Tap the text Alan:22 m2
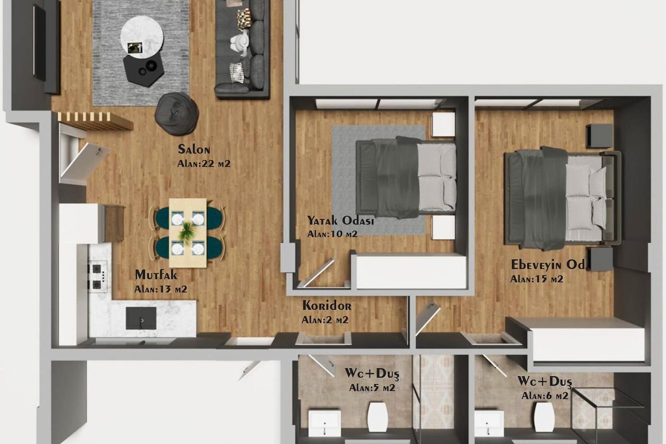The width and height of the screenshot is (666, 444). pyautogui.click(x=204, y=164)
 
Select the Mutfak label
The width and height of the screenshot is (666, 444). pyautogui.click(x=156, y=275)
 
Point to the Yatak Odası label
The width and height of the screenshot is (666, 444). pyautogui.click(x=340, y=221)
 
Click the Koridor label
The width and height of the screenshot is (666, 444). pyautogui.click(x=327, y=306)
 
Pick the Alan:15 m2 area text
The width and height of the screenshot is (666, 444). pyautogui.click(x=536, y=279)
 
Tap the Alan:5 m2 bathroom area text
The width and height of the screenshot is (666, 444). pyautogui.click(x=372, y=388)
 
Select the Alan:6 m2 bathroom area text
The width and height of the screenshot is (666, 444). pyautogui.click(x=544, y=396)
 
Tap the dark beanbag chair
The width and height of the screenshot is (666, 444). pyautogui.click(x=176, y=114)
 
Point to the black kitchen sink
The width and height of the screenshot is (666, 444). pyautogui.click(x=141, y=318)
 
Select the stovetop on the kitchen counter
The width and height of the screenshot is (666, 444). pyautogui.click(x=98, y=276)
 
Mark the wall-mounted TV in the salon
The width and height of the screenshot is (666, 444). pyautogui.click(x=39, y=43)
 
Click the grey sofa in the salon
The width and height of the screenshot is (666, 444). pyautogui.click(x=243, y=49)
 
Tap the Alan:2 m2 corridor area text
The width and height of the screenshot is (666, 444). pyautogui.click(x=325, y=320)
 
